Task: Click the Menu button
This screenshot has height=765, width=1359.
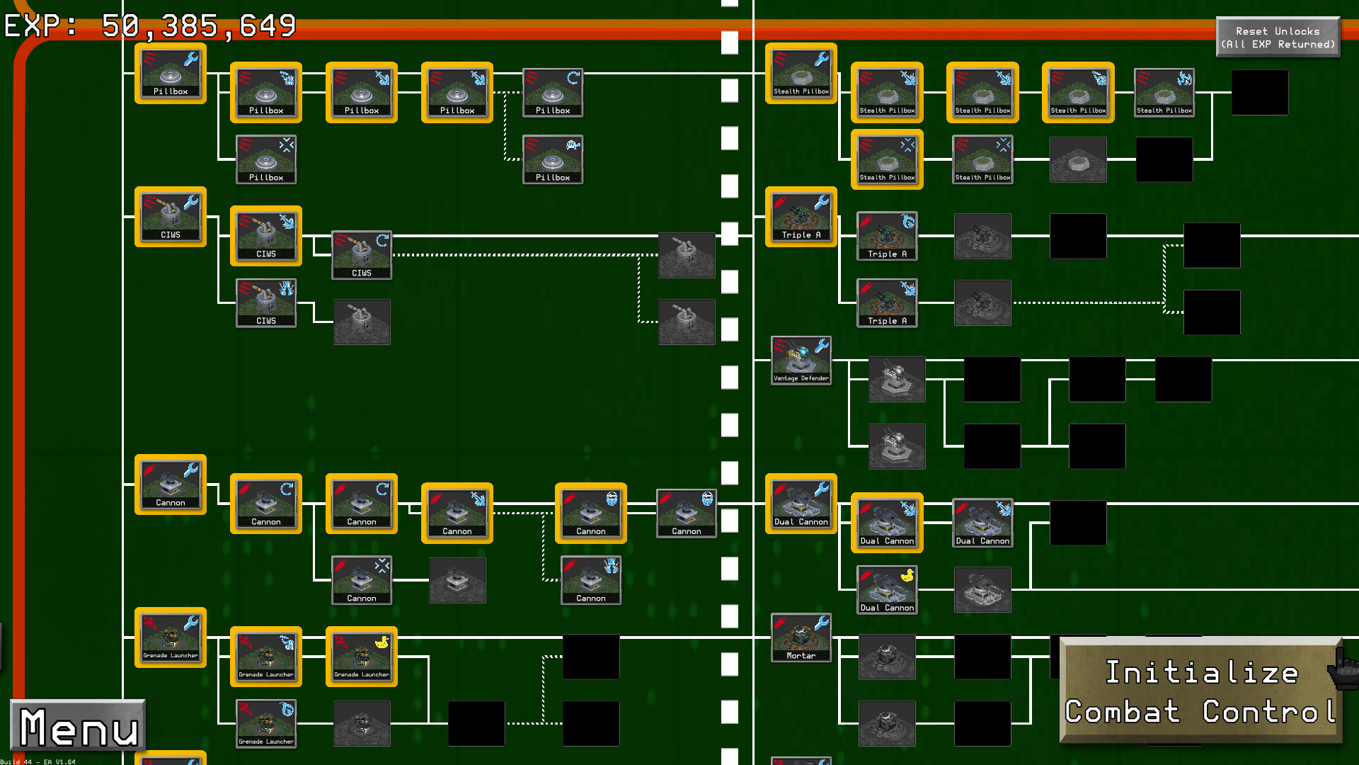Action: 78,726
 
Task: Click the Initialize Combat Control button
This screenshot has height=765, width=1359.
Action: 1200,691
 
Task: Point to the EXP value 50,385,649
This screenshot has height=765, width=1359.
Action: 198,26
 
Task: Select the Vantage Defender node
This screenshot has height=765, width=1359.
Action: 801,361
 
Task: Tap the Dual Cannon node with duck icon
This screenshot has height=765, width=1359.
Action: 887,589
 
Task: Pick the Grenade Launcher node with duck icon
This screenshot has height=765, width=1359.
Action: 361,656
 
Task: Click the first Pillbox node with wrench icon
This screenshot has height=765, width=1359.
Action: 171,74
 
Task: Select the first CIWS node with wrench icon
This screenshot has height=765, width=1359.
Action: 171,217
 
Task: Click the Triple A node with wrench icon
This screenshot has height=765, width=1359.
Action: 801,217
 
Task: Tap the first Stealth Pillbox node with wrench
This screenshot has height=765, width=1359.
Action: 801,74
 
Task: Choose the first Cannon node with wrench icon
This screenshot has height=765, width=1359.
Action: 171,484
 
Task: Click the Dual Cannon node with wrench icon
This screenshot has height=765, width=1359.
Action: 801,504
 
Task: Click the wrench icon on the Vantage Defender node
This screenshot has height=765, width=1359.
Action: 821,346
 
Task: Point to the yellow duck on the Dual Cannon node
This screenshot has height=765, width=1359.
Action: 907,576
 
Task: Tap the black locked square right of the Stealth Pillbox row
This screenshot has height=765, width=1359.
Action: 1260,92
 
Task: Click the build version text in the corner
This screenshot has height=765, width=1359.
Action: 38,761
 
